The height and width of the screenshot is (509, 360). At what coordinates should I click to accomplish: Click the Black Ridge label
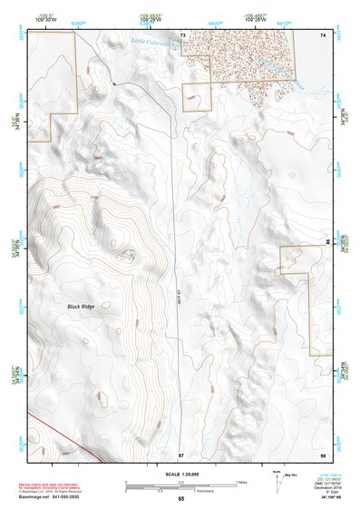point(81,307)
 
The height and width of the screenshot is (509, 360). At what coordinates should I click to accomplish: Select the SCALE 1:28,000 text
point(180,474)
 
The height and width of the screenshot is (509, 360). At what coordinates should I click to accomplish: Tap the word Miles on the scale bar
point(241,481)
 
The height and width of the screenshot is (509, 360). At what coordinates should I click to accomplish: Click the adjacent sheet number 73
point(182,34)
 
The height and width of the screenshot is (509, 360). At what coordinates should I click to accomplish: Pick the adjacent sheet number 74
point(322,34)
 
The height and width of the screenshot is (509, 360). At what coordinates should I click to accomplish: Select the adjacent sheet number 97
point(181,454)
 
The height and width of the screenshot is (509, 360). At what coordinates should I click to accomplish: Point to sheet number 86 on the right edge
point(327,243)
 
